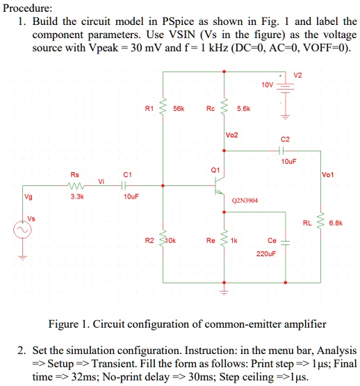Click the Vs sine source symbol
click(x=22, y=230)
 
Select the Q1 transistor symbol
click(x=220, y=186)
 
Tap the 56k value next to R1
click(x=179, y=108)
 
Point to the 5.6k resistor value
click(x=243, y=108)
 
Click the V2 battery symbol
click(x=286, y=88)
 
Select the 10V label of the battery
click(x=268, y=85)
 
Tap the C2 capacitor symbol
click(x=281, y=150)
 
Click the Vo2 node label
click(x=232, y=135)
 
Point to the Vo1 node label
click(x=328, y=175)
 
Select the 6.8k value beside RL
click(x=336, y=224)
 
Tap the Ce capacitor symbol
click(x=286, y=243)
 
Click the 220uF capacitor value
click(x=266, y=254)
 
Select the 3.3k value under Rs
click(x=77, y=196)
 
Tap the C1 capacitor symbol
click(x=124, y=185)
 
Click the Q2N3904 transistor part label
click(x=245, y=201)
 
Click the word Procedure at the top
click(x=27, y=8)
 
